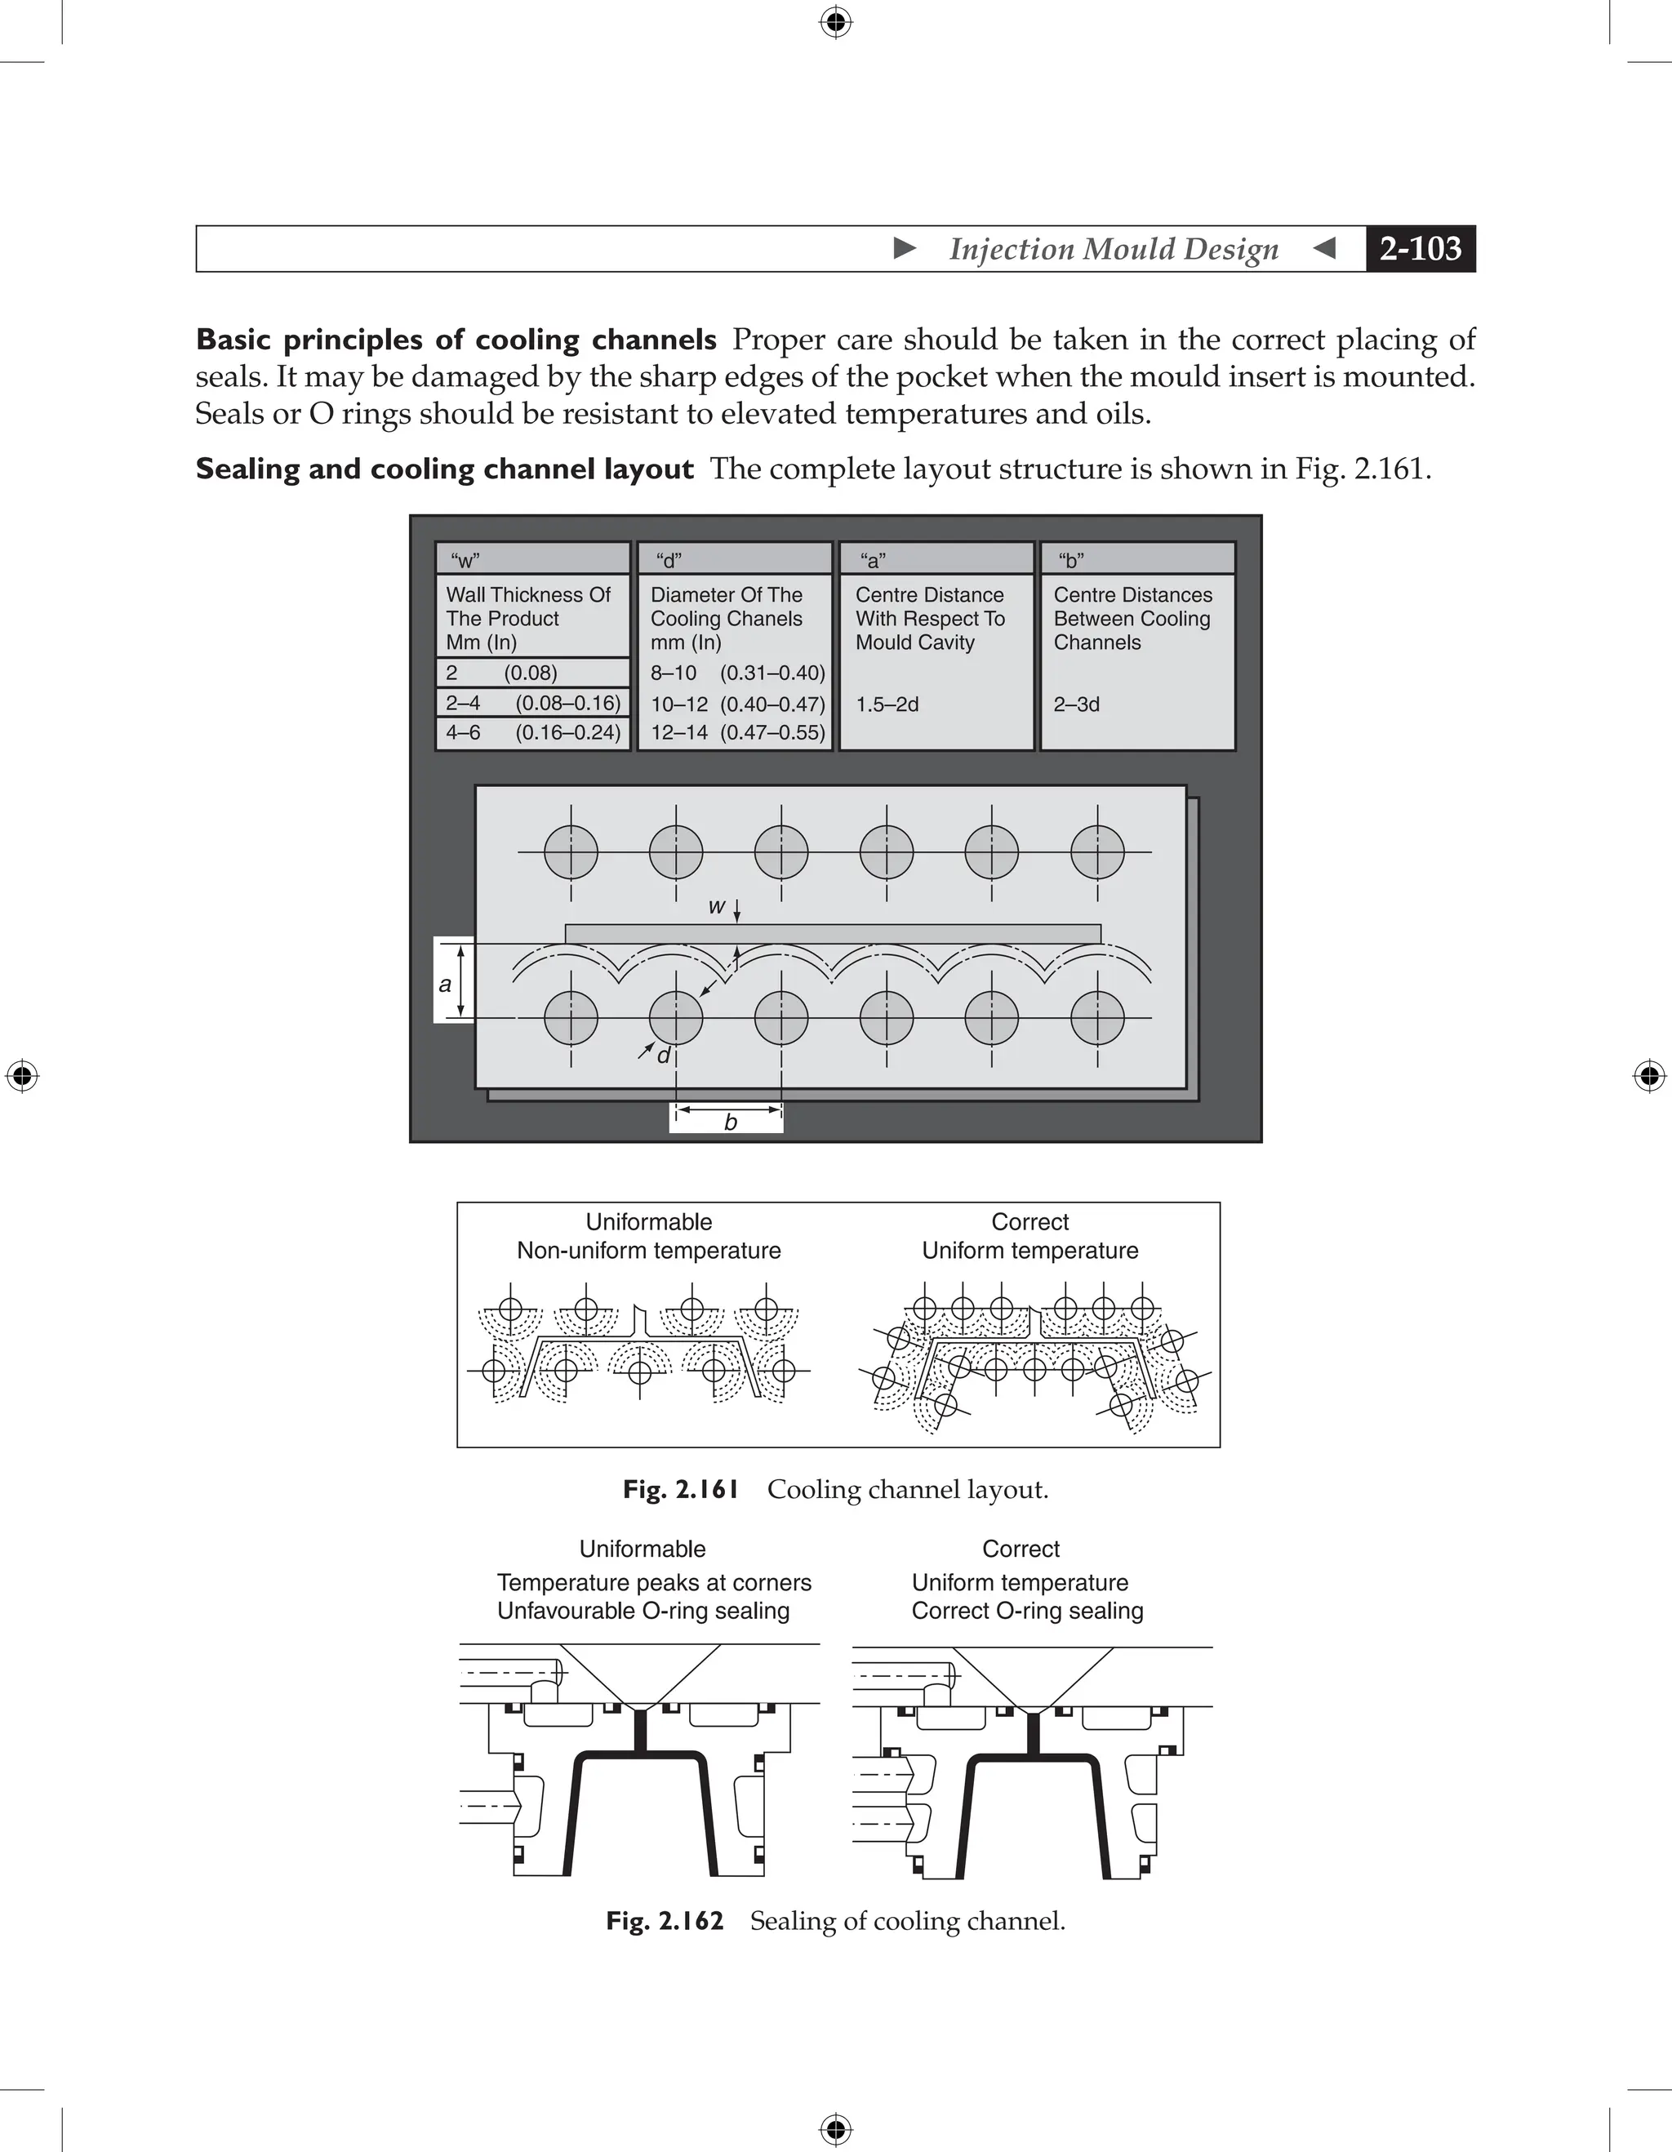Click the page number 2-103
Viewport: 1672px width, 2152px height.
click(x=1420, y=248)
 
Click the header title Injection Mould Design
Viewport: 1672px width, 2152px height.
click(x=1114, y=249)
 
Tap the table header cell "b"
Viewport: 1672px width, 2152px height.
click(x=1071, y=561)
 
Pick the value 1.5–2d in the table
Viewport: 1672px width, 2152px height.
click(x=887, y=705)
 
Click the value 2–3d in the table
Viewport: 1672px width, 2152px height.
click(x=1076, y=705)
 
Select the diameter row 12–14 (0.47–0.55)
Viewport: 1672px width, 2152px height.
click(x=737, y=732)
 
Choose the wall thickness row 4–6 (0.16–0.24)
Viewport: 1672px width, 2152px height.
click(x=532, y=732)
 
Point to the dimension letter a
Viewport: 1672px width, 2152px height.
click(x=445, y=984)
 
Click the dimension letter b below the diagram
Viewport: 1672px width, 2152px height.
click(x=730, y=1123)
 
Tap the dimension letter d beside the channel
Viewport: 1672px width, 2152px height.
click(x=663, y=1056)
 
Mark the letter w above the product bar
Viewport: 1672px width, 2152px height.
click(x=716, y=906)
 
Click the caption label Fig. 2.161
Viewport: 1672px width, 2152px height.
click(x=681, y=1489)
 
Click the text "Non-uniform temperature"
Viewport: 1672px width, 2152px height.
click(x=648, y=1251)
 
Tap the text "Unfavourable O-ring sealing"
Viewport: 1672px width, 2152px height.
click(x=643, y=1610)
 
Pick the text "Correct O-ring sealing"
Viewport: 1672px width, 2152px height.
click(x=1027, y=1610)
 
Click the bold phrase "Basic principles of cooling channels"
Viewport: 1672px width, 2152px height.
click(x=456, y=340)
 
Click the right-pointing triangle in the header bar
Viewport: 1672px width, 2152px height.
click(x=905, y=248)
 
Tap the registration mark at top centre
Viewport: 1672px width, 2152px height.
click(x=835, y=22)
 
